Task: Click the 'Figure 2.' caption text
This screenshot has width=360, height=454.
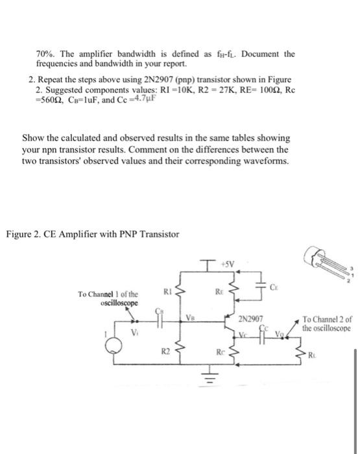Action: tap(24, 233)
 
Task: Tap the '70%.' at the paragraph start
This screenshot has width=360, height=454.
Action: tap(47, 54)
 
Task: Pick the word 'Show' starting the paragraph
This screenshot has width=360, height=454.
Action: tap(33, 139)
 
